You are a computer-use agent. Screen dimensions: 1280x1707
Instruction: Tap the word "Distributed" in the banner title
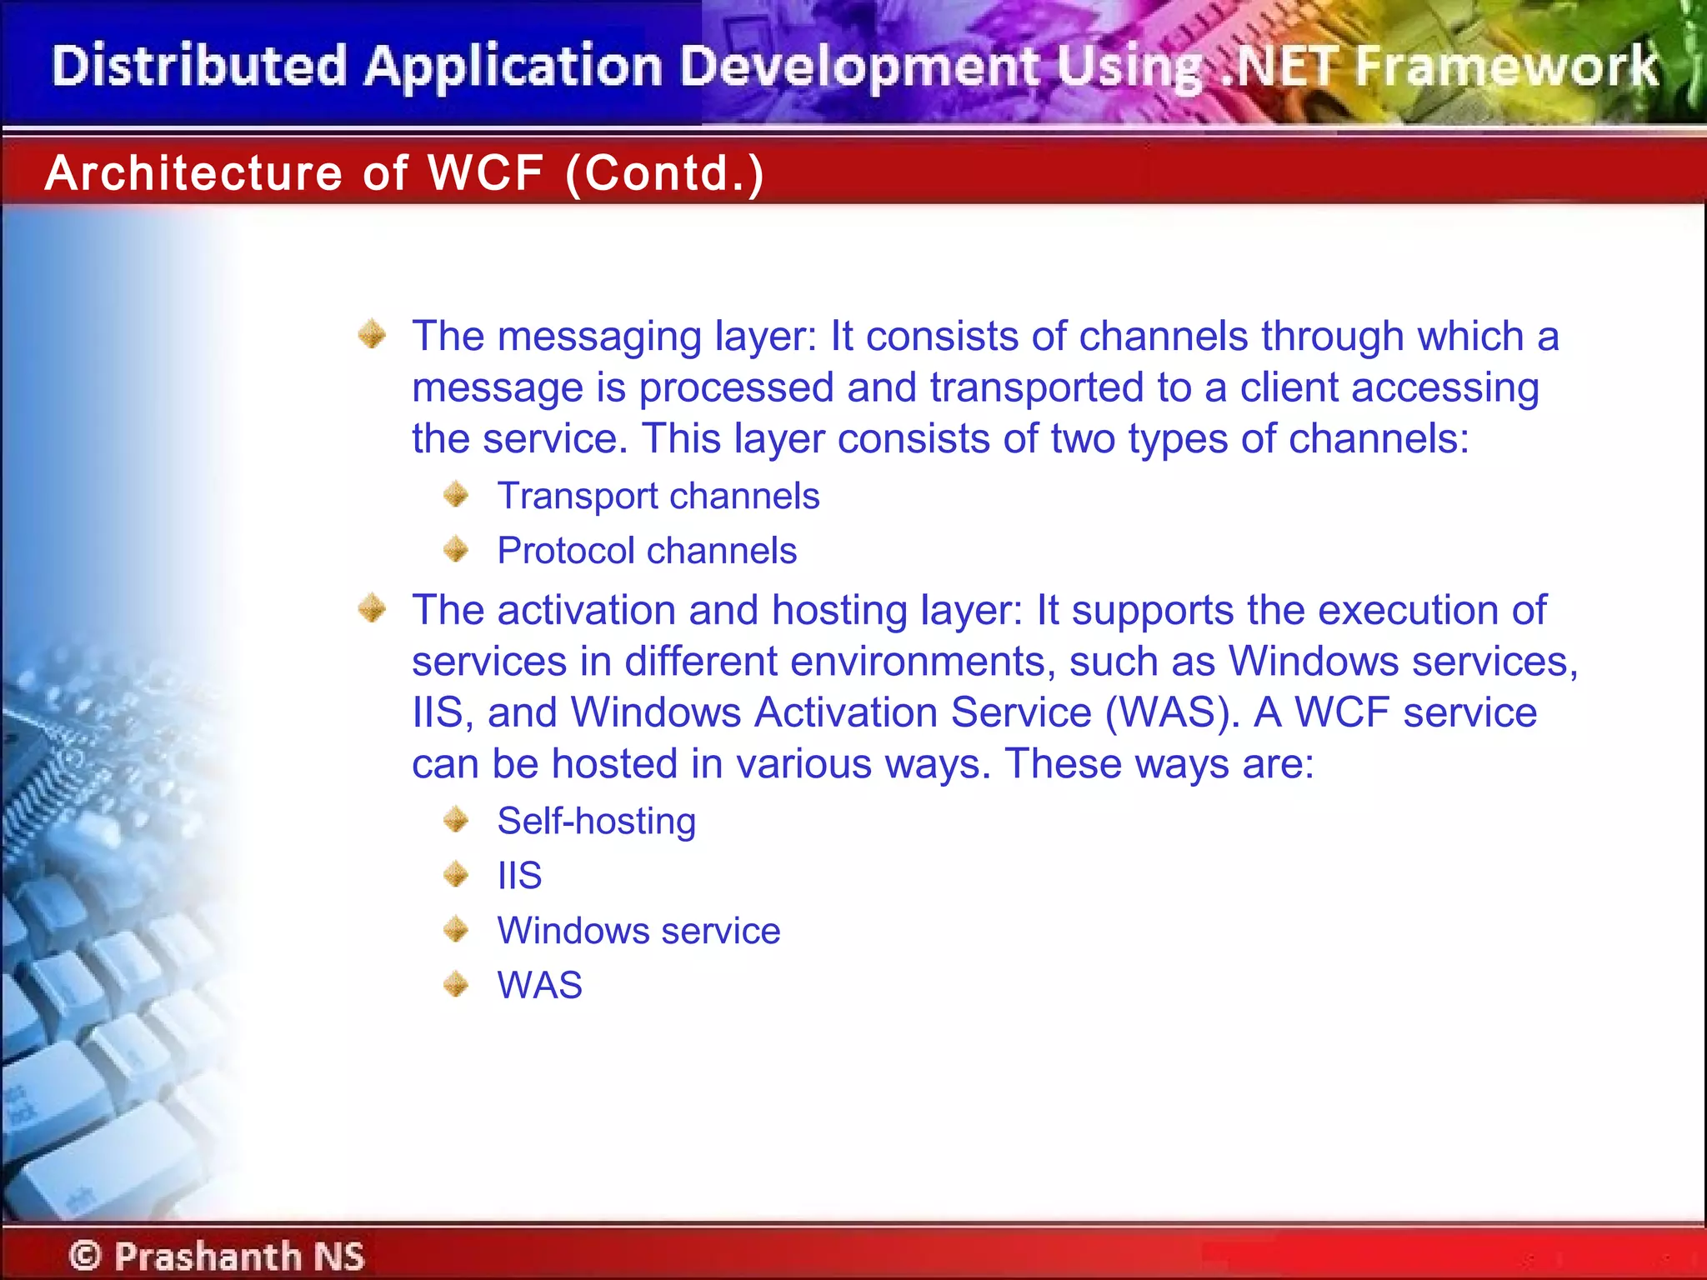[x=199, y=67]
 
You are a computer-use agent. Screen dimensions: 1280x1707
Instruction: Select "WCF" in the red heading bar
[x=486, y=173]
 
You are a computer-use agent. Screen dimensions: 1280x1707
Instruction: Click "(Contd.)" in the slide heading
[x=664, y=173]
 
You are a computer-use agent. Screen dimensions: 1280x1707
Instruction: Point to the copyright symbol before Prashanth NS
[x=85, y=1255]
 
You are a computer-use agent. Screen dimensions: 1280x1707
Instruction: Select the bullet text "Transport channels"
[x=658, y=497]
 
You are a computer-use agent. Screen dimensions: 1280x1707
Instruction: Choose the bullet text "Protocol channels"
[x=647, y=551]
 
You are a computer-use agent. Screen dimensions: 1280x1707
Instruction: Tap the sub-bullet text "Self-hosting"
[x=596, y=822]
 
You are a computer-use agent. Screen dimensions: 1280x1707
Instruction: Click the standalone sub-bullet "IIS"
[x=519, y=876]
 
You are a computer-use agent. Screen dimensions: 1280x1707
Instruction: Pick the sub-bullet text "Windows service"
[x=638, y=931]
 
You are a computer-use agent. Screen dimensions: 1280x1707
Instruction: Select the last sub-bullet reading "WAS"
[x=539, y=985]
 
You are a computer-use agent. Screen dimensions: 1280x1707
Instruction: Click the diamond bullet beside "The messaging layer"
[x=372, y=335]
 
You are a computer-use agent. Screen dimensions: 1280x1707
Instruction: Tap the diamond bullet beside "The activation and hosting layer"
[x=372, y=608]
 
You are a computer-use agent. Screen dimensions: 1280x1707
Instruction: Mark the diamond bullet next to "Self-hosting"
[x=456, y=820]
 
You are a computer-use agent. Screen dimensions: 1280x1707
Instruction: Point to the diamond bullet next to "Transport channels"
[x=456, y=495]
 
